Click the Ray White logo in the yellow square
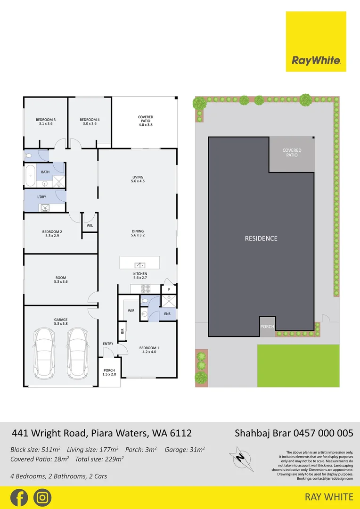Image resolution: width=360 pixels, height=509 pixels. click(316, 60)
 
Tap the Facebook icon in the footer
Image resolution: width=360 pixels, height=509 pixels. click(19, 498)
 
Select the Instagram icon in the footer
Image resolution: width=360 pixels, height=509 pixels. click(42, 498)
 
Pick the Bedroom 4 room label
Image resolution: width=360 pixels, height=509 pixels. click(90, 122)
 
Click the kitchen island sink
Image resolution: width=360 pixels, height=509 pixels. click(139, 264)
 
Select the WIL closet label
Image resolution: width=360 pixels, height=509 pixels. click(90, 226)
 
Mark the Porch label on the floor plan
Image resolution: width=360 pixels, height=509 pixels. click(109, 372)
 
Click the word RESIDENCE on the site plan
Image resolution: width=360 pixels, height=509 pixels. click(261, 238)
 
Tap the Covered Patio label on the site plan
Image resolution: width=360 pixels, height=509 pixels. click(292, 153)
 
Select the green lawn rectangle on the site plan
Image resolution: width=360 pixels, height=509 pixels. click(298, 366)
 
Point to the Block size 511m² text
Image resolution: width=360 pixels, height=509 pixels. click(36, 450)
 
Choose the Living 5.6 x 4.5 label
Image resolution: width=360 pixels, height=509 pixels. click(138, 179)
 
